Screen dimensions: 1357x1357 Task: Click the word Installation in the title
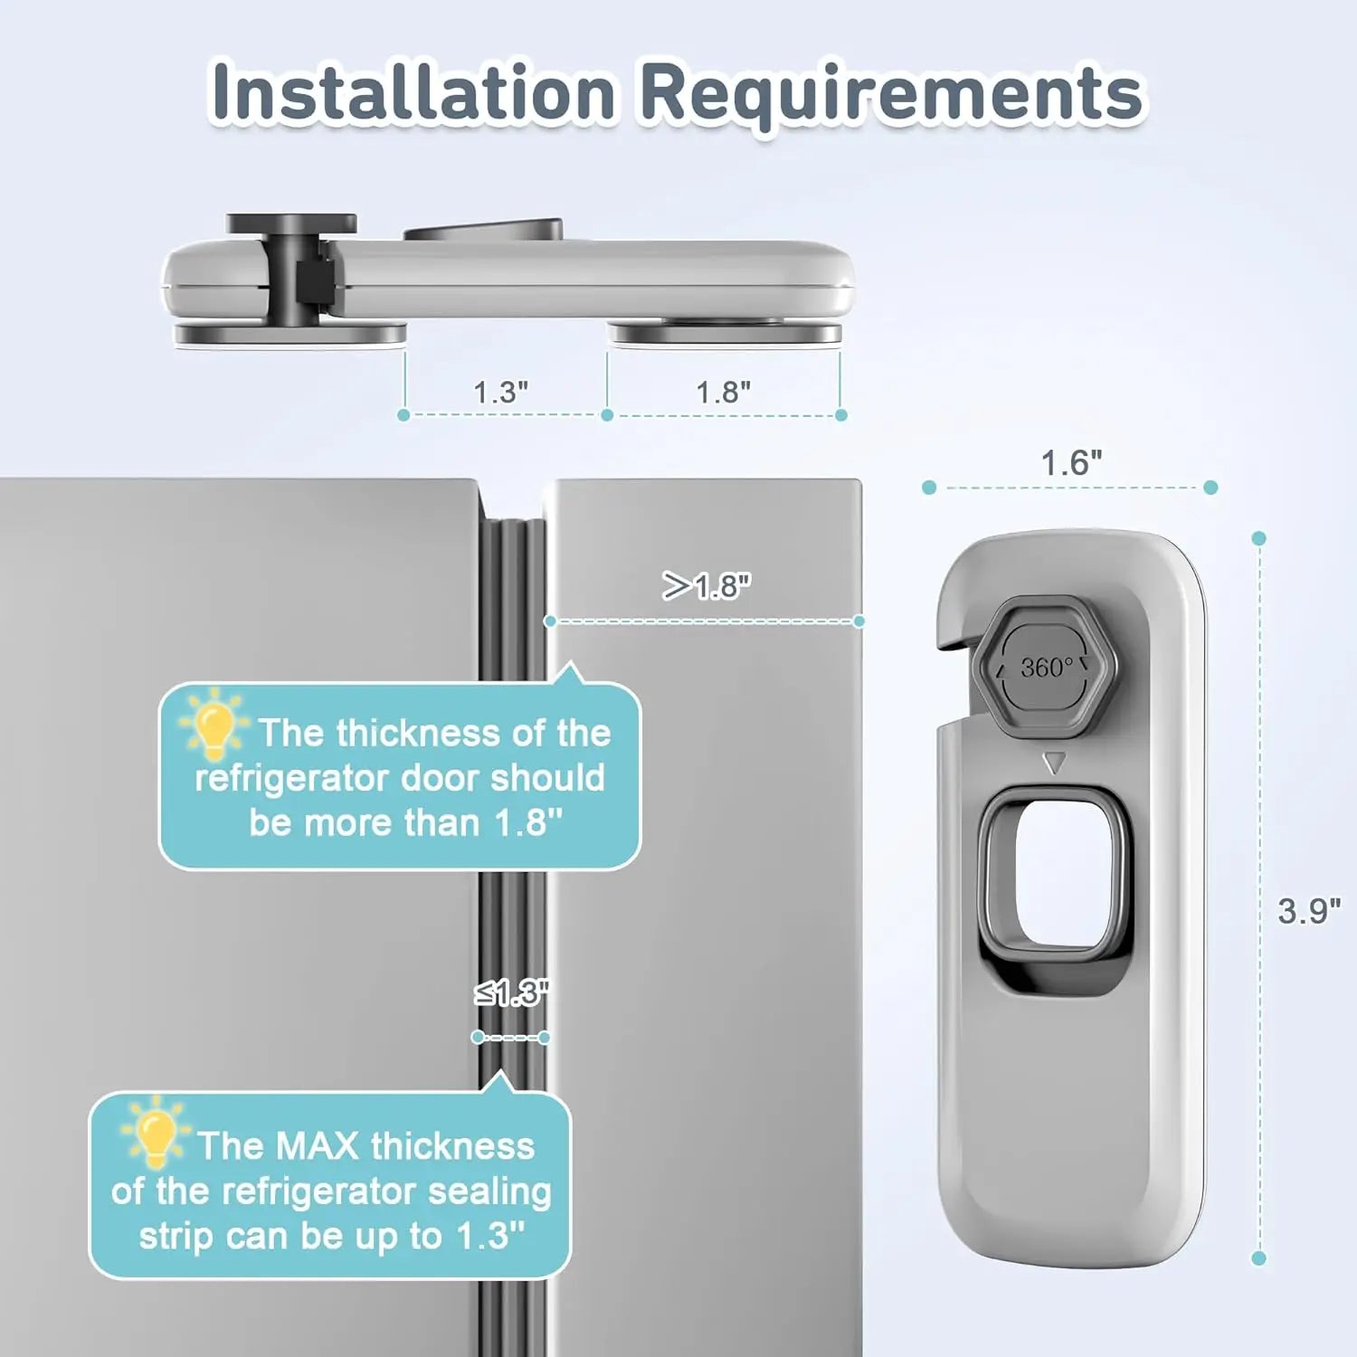coord(412,92)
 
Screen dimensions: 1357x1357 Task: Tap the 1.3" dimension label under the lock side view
coord(500,392)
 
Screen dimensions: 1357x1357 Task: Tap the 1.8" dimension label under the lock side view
coord(723,392)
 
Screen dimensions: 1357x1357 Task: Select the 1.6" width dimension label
coord(1071,462)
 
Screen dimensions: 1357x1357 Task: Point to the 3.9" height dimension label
coord(1308,910)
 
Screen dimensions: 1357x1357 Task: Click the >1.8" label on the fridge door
coord(707,586)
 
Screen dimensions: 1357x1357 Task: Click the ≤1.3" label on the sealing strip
coord(511,993)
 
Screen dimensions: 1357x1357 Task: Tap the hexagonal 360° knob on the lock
coord(1047,668)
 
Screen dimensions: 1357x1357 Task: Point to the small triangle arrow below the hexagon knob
coord(1054,763)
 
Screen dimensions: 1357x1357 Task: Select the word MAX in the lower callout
coord(317,1146)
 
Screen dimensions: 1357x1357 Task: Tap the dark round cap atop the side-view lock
coord(291,223)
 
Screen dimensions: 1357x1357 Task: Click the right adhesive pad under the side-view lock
coord(724,334)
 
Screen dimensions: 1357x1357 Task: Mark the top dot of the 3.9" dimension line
coord(1258,538)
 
